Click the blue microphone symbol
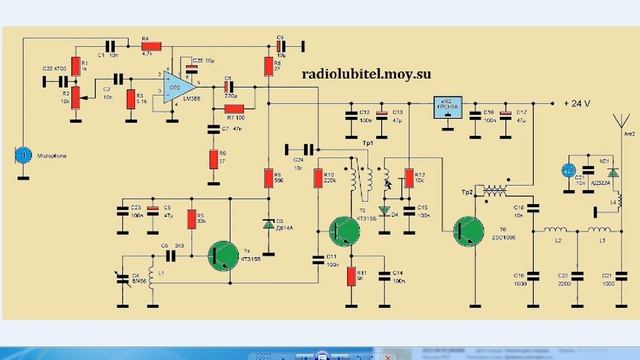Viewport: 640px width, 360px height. tap(23, 155)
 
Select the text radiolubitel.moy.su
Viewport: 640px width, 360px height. tap(373, 72)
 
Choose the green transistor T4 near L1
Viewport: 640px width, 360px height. tap(222, 256)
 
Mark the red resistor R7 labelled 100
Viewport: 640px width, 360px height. tap(233, 109)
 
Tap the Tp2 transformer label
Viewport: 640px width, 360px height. tap(466, 190)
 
